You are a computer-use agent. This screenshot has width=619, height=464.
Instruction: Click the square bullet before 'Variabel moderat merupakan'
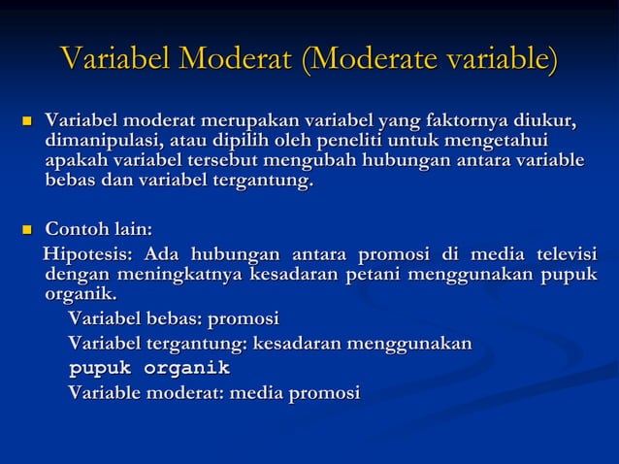(x=27, y=122)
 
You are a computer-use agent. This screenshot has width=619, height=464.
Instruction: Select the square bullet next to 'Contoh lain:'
(x=27, y=231)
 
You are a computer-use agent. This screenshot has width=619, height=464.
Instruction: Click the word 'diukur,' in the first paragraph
(x=544, y=121)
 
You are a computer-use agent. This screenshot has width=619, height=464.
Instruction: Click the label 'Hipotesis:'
(x=88, y=254)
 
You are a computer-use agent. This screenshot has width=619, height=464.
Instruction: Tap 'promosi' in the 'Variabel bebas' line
(x=244, y=318)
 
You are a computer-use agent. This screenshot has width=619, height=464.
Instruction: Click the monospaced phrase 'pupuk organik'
(x=148, y=369)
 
